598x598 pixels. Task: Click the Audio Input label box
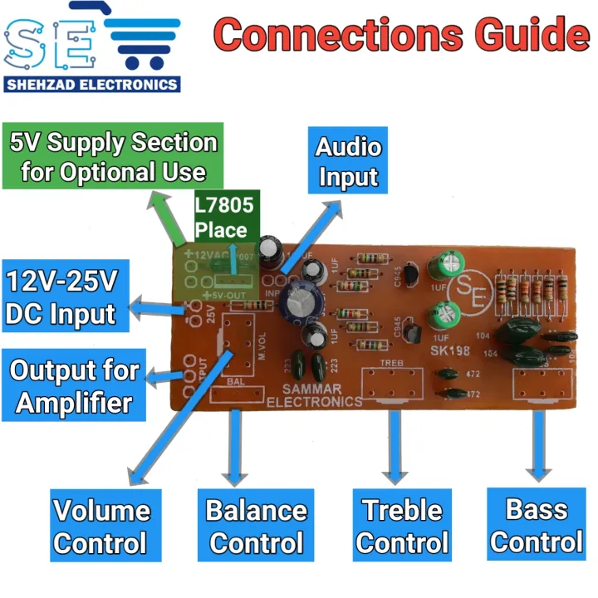[x=348, y=162]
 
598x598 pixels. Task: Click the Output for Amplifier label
[x=74, y=386]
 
